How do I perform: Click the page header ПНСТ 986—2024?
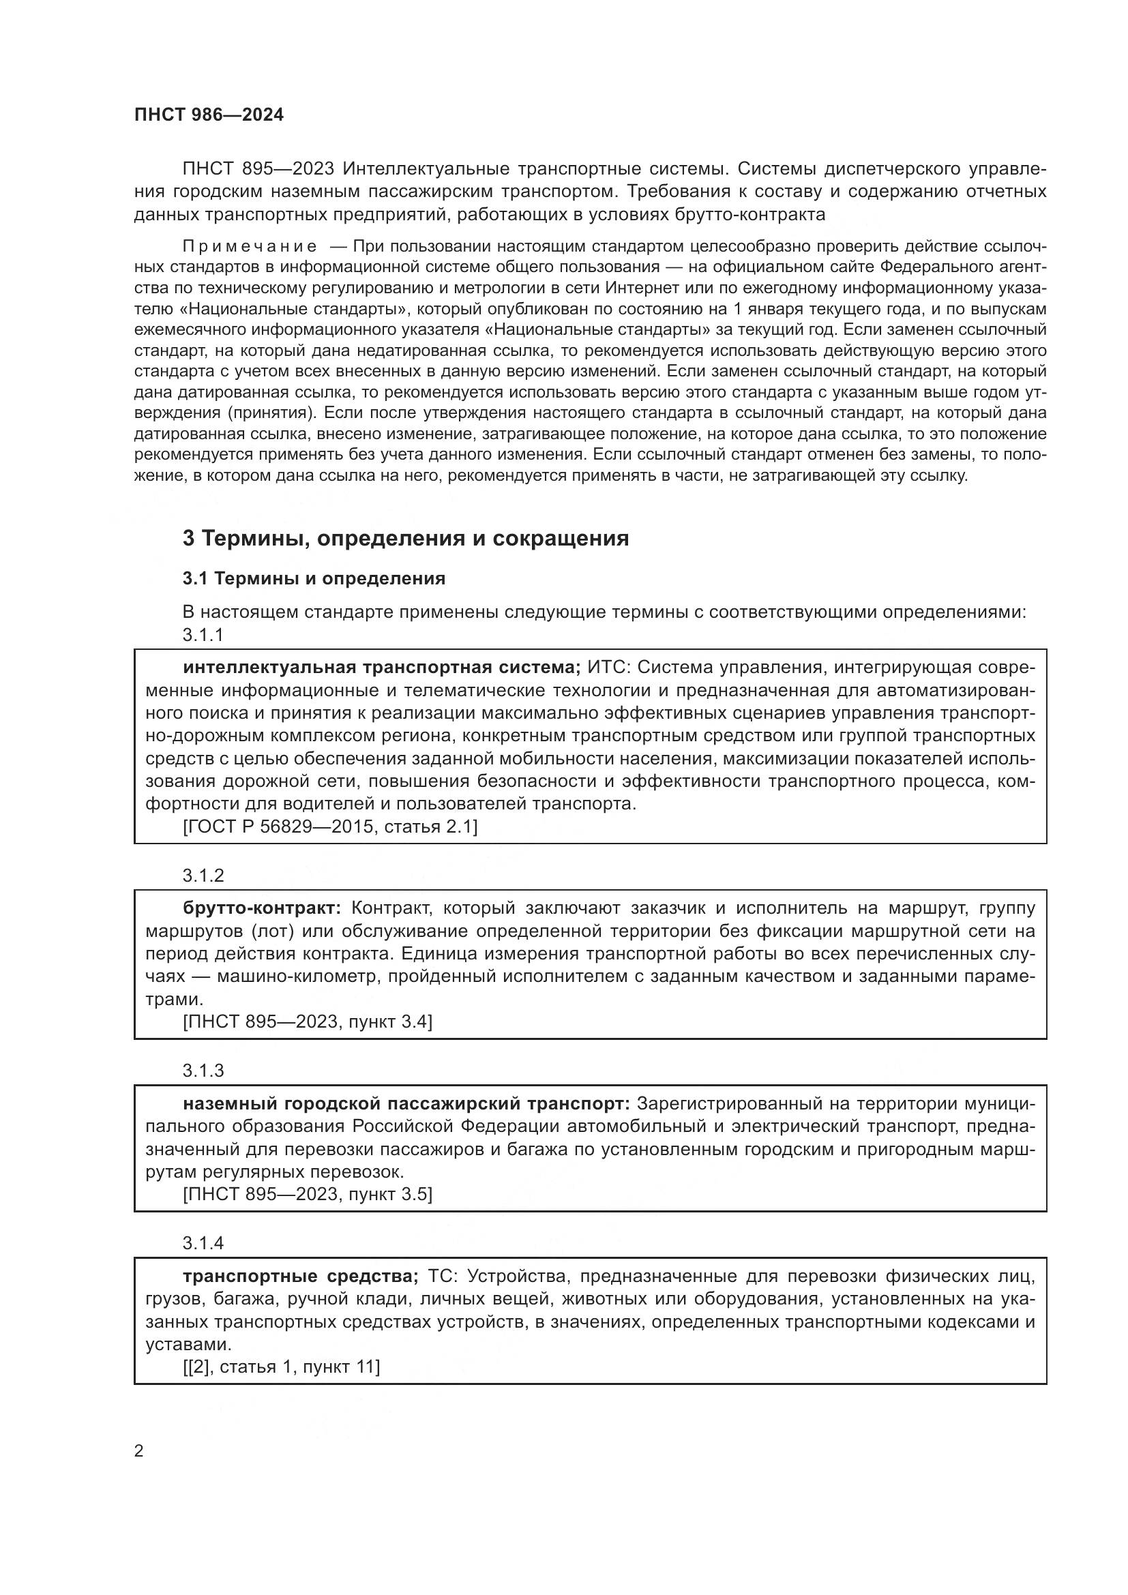209,115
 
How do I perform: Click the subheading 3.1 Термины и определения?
314,578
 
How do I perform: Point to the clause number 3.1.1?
203,635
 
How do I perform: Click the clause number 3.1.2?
203,876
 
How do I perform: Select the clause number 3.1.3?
203,1071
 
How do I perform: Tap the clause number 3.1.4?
203,1243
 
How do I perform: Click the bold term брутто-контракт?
262,908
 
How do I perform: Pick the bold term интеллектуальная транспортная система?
382,668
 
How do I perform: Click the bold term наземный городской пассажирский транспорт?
406,1103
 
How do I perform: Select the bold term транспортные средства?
300,1276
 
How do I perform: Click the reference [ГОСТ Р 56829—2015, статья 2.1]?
330,826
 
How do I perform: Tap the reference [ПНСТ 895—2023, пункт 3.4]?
307,1022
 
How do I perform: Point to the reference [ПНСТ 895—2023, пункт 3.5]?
307,1194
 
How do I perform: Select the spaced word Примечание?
250,247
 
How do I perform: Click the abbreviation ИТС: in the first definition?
608,668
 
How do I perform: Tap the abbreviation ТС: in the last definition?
443,1276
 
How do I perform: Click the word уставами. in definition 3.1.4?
188,1343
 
